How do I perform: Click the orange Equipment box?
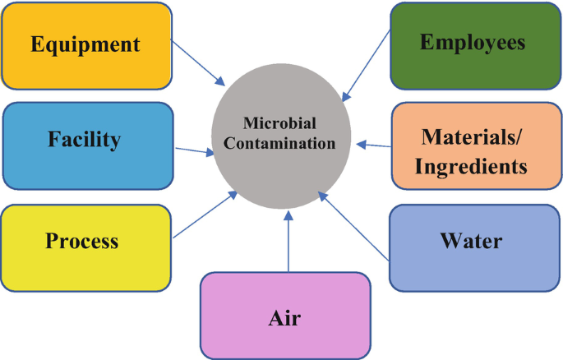pos(86,44)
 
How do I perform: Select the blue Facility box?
pos(86,144)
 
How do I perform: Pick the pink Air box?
pos(284,316)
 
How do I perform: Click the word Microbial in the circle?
pos(279,123)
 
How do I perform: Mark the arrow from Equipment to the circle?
pos(197,61)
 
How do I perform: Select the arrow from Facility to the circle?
pos(192,150)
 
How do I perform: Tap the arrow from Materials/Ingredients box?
pos(374,146)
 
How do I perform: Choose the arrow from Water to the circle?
pos(353,226)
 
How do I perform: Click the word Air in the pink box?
pos(284,318)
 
